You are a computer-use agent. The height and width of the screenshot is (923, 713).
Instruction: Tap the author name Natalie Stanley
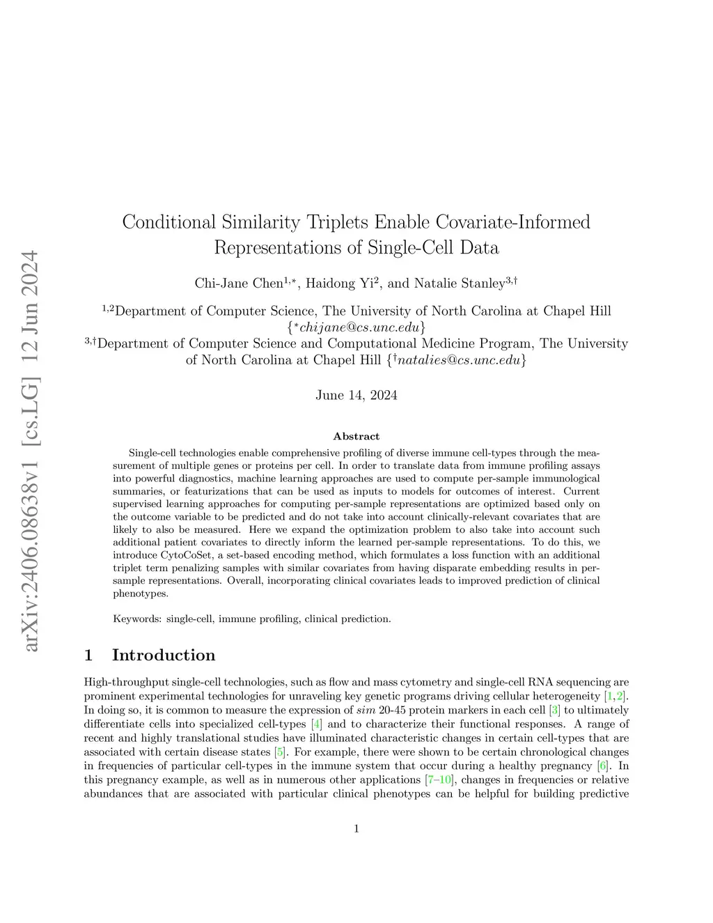pos(459,283)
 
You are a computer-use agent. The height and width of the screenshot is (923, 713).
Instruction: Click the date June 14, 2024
pos(356,395)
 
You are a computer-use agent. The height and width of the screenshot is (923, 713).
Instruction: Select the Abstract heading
pos(356,437)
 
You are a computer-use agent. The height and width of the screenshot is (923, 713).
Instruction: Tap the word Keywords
pos(137,619)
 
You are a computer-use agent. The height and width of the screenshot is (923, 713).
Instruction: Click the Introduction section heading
pos(163,655)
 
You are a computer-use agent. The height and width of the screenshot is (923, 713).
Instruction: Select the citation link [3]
pos(555,710)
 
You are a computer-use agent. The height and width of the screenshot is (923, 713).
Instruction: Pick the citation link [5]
pos(280,752)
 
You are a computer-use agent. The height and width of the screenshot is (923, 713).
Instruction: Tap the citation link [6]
pos(603,766)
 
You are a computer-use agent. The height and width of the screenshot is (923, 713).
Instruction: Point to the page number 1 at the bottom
pos(356,828)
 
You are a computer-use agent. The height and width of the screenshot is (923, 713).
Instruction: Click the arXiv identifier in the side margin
pos(30,451)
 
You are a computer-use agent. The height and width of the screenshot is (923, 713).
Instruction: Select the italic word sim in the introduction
pos(366,710)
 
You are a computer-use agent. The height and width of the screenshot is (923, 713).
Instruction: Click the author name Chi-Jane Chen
pos(239,283)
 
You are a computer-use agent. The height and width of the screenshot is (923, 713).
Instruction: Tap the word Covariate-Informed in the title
pos(512,222)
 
